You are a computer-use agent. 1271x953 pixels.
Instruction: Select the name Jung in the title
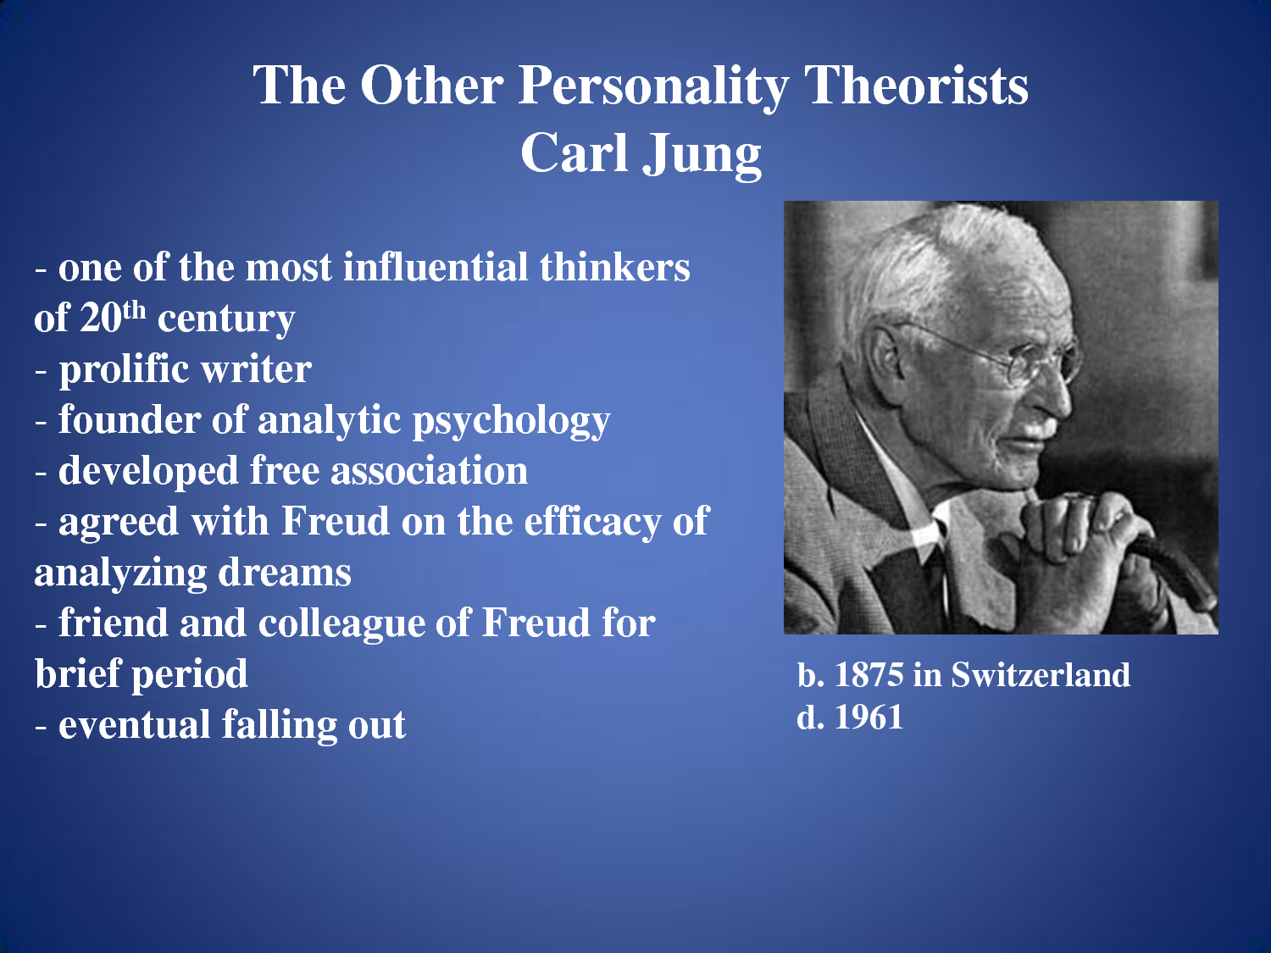[x=702, y=154]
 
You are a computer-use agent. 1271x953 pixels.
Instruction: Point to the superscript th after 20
[x=134, y=310]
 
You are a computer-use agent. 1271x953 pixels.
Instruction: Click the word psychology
[x=511, y=421]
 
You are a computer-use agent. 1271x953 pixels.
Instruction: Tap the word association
[x=429, y=471]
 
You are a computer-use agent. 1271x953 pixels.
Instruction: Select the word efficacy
[x=592, y=523]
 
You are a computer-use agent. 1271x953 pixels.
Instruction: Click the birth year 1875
[x=869, y=675]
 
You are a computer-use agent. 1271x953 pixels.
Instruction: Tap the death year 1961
[x=869, y=718]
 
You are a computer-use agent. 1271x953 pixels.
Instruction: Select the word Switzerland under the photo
[x=1041, y=675]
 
